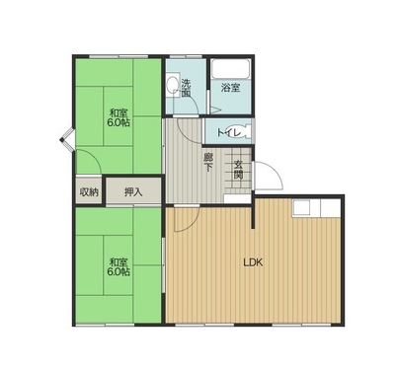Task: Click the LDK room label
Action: point(253,262)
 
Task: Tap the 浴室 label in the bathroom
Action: point(230,88)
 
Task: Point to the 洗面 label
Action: point(186,88)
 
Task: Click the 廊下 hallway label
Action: point(207,162)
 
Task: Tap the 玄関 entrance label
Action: point(239,170)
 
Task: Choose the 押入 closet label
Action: point(133,191)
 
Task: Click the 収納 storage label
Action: point(89,191)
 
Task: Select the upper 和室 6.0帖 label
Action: point(118,117)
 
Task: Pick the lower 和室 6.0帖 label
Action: point(118,266)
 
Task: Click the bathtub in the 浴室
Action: point(230,68)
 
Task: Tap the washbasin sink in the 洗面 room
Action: point(172,86)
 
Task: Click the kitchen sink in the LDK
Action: point(301,208)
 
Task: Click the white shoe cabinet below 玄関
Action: point(237,198)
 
